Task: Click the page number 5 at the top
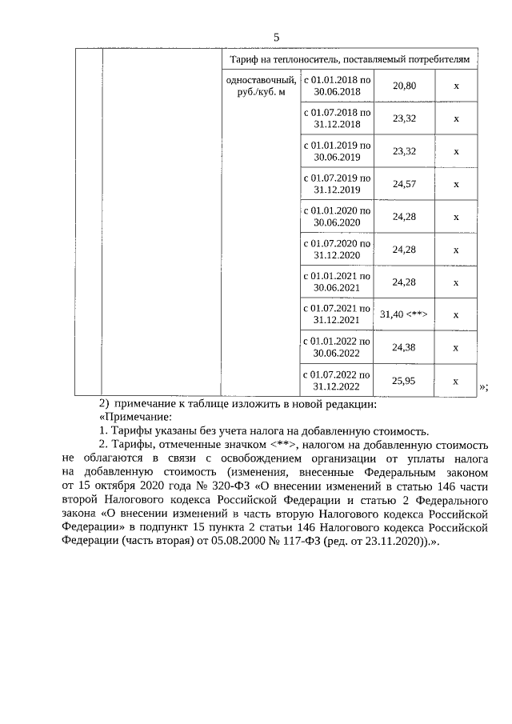point(277,38)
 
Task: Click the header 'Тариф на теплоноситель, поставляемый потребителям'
point(354,59)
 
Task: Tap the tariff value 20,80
point(404,86)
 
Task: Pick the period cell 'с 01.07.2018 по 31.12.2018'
point(337,118)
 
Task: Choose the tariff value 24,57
point(404,184)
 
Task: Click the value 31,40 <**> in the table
point(404,314)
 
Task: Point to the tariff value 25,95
point(404,381)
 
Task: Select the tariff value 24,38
point(404,347)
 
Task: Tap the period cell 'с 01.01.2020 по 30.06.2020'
point(337,217)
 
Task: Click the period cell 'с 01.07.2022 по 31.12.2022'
point(337,380)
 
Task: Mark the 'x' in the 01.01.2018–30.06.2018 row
point(456,86)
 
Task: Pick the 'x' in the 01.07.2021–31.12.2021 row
point(456,314)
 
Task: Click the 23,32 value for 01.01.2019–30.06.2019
point(404,151)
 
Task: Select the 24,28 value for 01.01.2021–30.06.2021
point(404,282)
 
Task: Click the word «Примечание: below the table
point(133,416)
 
